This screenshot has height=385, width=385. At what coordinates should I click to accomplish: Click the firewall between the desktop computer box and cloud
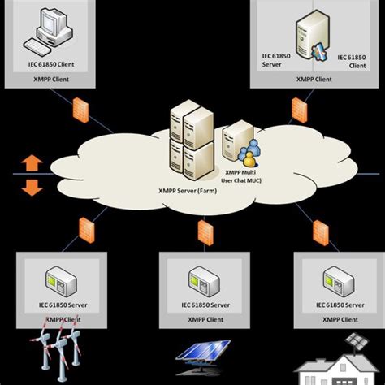point(80,112)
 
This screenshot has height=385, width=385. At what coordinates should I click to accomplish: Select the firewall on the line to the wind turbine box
point(85,229)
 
